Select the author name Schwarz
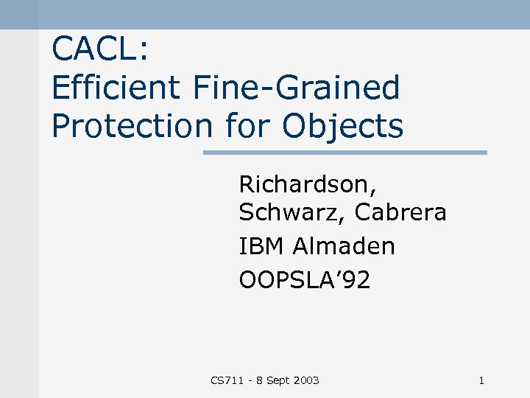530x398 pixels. click(292, 212)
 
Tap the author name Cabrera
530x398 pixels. click(400, 212)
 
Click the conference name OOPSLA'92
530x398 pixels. click(305, 280)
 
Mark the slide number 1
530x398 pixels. click(481, 380)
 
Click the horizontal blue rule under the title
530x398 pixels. click(344, 153)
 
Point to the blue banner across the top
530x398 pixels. click(265, 14)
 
